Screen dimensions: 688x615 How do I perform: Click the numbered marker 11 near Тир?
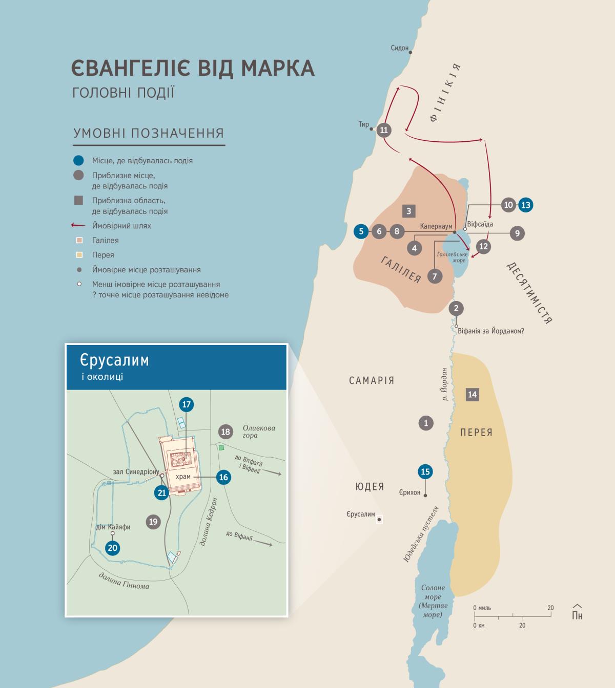coord(384,130)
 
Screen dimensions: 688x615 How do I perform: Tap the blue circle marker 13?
coord(525,205)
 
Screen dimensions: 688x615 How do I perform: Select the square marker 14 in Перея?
coord(472,394)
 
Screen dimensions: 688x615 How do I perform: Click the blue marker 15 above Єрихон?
coord(425,471)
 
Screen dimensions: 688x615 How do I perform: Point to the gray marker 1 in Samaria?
coord(425,423)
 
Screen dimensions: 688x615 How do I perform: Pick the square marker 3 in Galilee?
coord(408,211)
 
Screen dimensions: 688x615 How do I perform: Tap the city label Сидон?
coord(399,48)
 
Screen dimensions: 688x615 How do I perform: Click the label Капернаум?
coord(436,226)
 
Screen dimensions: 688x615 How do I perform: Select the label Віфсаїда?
coord(480,224)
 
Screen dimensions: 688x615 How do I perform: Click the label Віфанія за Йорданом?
coord(490,331)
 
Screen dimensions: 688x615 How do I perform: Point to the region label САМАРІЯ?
coord(372,380)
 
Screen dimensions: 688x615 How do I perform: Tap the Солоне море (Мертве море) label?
coord(433,601)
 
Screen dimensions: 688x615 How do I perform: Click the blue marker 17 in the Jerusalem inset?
coord(186,404)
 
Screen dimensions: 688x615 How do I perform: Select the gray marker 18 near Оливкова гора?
coord(225,432)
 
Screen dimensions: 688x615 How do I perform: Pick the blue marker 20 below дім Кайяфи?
coord(112,548)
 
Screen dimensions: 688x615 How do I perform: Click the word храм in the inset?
coord(183,477)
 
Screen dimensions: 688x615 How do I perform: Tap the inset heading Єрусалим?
coord(114,360)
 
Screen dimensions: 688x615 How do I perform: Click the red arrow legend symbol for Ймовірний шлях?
coord(78,225)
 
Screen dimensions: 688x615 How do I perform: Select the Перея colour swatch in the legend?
coord(79,255)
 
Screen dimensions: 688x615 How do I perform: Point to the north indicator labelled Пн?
coord(577,612)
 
